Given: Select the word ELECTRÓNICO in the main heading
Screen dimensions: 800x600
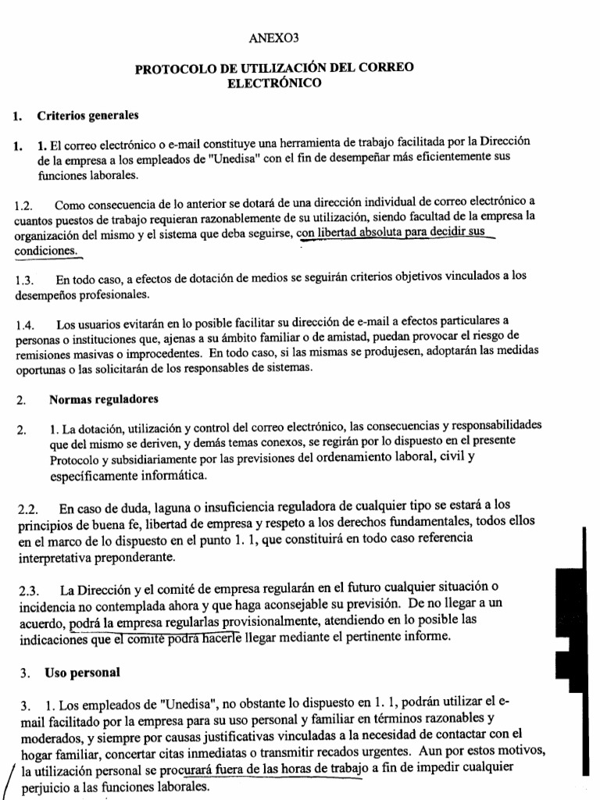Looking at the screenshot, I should [274, 82].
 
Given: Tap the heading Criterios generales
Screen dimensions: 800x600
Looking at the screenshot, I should [87, 116].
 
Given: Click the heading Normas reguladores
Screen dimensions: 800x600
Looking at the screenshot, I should [103, 399].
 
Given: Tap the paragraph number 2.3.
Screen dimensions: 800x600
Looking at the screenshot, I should [30, 588].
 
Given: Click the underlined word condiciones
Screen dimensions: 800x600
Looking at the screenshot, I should [46, 252].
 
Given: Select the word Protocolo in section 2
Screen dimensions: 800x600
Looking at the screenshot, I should [73, 459].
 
